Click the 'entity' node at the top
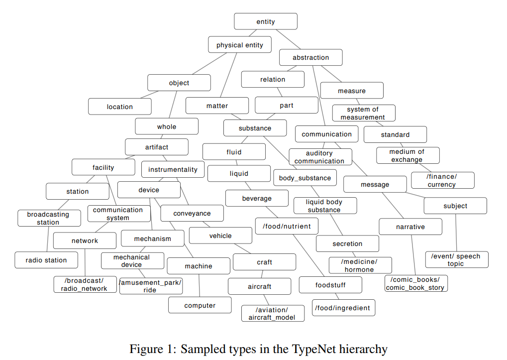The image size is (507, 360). pyautogui.click(x=266, y=21)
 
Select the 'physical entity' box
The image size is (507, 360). pyautogui.click(x=239, y=45)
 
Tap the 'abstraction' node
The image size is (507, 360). pyautogui.click(x=310, y=57)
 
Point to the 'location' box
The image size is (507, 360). pyautogui.click(x=119, y=107)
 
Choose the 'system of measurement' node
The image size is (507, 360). pyautogui.click(x=363, y=113)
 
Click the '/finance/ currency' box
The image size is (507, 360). pyautogui.click(x=442, y=180)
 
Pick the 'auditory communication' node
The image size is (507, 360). pyautogui.click(x=319, y=157)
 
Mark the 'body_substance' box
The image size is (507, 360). pyautogui.click(x=304, y=178)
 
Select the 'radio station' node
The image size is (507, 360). pyautogui.click(x=46, y=260)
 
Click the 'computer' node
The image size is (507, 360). pyautogui.click(x=200, y=305)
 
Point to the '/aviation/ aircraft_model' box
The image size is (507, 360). pyautogui.click(x=272, y=313)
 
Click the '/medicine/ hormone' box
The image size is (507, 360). pyautogui.click(x=360, y=265)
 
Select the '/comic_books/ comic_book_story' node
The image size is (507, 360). pyautogui.click(x=415, y=283)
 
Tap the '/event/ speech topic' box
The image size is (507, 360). pyautogui.click(x=456, y=259)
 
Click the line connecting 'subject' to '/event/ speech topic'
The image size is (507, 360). pyautogui.click(x=456, y=233)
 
